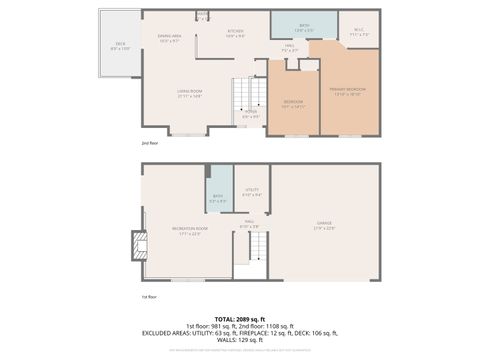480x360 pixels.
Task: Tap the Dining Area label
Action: [169, 39]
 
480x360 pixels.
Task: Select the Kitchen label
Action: [235, 33]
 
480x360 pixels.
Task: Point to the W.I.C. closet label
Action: [359, 31]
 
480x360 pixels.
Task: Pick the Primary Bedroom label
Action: [345, 93]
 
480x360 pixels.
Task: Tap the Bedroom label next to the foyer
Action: [292, 104]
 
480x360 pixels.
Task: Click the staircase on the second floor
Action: [246, 95]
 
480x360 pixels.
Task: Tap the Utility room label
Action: [252, 194]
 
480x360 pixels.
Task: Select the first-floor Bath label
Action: [218, 199]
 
